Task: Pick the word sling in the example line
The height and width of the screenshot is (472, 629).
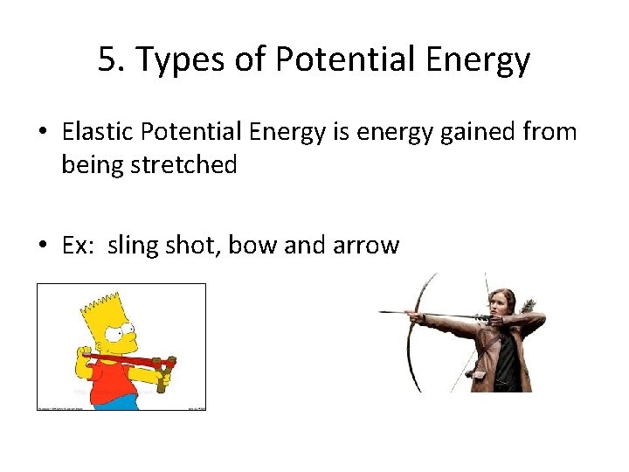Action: pyautogui.click(x=136, y=245)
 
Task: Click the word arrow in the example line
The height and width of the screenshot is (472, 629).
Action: pyautogui.click(x=365, y=246)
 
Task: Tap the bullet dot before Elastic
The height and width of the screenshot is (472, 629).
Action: pyautogui.click(x=43, y=133)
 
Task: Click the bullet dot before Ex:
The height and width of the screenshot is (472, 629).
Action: pyautogui.click(x=43, y=246)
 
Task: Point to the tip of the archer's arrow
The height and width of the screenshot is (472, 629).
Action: pyautogui.click(x=381, y=312)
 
